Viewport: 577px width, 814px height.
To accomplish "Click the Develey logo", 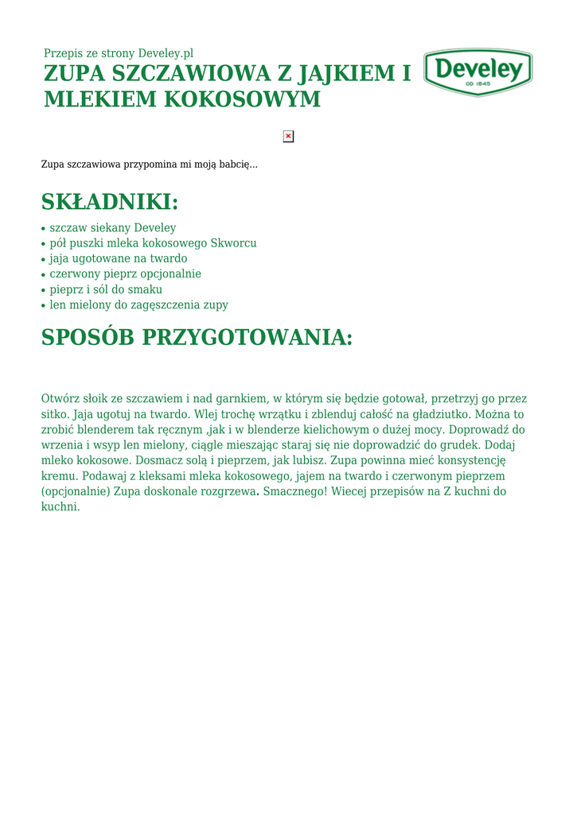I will [478, 72].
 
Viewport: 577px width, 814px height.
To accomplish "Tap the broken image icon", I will [288, 136].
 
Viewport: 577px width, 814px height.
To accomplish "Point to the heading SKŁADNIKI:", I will [110, 201].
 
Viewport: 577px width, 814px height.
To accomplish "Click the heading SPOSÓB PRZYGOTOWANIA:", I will [197, 337].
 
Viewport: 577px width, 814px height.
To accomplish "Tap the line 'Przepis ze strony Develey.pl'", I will [119, 53].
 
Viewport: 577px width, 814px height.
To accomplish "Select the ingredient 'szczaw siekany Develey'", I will [112, 227].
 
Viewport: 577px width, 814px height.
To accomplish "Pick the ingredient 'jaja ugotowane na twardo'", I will [119, 258].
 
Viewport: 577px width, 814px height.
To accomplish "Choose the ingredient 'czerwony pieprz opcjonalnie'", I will [125, 273].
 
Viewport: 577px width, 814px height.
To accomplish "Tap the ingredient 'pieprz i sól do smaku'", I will [106, 289].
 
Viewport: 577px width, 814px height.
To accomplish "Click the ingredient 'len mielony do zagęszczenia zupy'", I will [138, 304].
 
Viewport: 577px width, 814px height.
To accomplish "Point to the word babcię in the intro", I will [237, 165].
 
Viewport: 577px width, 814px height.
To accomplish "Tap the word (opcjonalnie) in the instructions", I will [76, 491].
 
